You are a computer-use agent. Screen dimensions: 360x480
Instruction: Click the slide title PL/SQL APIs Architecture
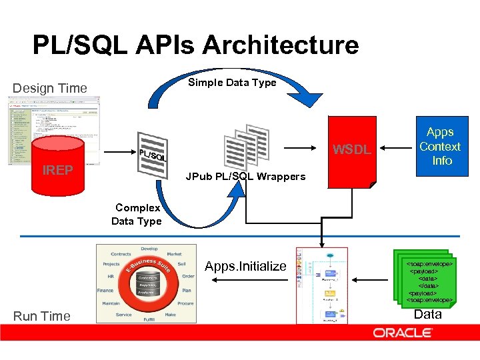click(195, 45)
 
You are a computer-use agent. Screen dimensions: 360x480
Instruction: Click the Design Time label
click(50, 88)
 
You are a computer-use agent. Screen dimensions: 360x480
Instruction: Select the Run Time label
click(41, 316)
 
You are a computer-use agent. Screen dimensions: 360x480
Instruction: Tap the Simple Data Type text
click(232, 83)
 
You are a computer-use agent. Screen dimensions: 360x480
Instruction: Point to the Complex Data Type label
click(136, 215)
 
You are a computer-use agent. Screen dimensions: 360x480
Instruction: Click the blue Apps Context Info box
click(440, 146)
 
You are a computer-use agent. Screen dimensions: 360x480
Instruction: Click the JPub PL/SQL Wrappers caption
click(245, 177)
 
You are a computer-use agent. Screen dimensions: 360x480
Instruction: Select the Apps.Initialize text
click(245, 267)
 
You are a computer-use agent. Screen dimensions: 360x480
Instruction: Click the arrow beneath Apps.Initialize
click(245, 280)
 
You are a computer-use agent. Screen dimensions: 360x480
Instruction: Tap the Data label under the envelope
click(427, 315)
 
